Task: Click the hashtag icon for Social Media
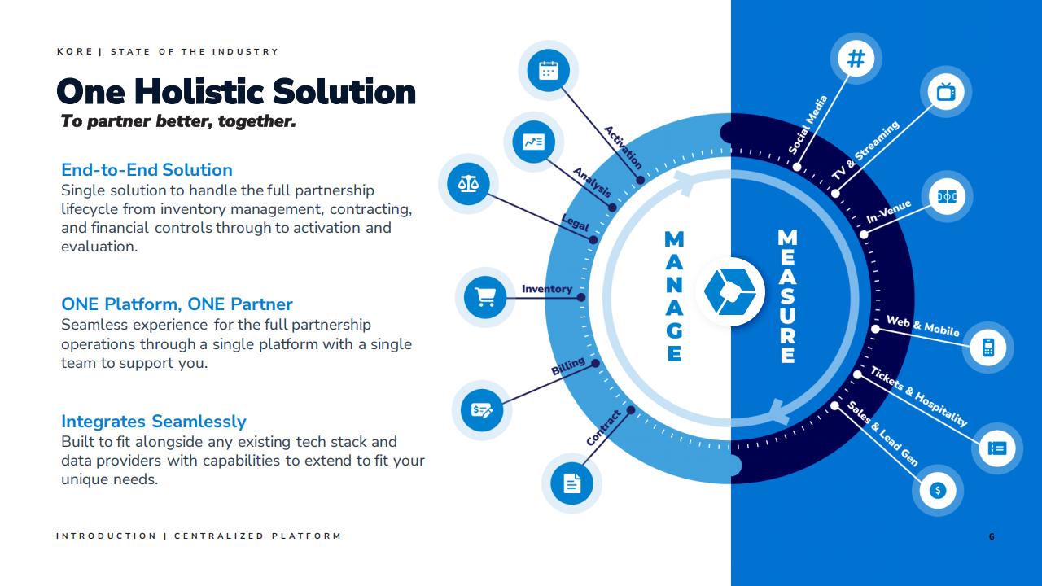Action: tap(856, 59)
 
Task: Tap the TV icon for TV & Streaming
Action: tap(946, 92)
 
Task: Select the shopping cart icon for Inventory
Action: tap(484, 297)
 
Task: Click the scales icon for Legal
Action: tap(468, 184)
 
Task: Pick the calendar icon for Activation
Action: tap(548, 71)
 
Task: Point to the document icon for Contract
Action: tap(571, 483)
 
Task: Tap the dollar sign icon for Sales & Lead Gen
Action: tap(937, 490)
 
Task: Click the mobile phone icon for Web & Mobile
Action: tap(988, 348)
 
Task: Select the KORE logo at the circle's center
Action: tap(730, 291)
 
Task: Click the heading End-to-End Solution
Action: tap(147, 170)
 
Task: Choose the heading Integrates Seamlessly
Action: tap(154, 422)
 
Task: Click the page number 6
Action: tap(992, 536)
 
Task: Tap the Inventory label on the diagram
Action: tap(546, 289)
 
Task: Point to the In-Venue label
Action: tap(888, 212)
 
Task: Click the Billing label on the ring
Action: tap(568, 366)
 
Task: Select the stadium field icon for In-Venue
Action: tap(947, 197)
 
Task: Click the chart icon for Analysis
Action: tap(533, 142)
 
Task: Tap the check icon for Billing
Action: tap(481, 410)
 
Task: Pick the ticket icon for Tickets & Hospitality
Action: tap(997, 448)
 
